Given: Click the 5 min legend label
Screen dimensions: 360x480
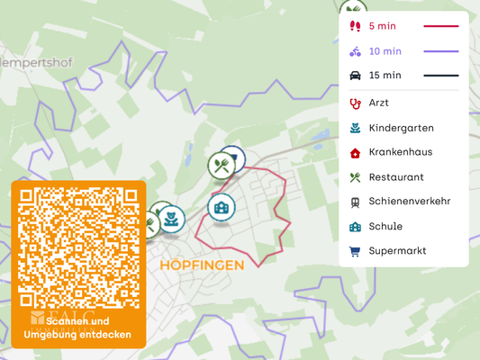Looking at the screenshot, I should coord(382,26).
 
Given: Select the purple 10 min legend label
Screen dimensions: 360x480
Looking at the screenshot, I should coord(385,51).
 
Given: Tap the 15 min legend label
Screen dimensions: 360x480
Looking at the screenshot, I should coord(385,76).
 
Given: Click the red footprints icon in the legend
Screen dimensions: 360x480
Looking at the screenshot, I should coord(355,26).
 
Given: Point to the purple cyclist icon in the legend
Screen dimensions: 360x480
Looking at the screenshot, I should coord(355,51).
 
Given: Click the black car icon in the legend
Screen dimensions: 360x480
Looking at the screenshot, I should coord(355,76).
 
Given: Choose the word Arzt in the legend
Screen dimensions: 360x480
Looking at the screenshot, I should coord(378,103).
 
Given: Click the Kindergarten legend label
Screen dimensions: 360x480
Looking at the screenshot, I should coord(401,128).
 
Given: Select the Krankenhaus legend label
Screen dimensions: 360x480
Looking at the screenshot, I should coord(400,152).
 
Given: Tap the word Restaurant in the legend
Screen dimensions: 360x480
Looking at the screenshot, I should coord(396,177).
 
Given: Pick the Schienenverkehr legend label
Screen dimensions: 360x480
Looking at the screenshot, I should coord(409,202).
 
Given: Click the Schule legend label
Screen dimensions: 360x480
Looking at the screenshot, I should coord(385,226).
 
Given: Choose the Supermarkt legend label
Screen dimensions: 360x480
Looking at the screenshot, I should coord(397,251).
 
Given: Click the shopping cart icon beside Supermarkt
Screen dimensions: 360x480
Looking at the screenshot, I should coord(355,251).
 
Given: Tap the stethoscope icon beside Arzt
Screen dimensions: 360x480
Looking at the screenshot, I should coord(355,103).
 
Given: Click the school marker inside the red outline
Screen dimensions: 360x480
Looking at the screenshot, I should coord(221,207).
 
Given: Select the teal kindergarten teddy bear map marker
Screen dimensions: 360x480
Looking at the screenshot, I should coord(171,218).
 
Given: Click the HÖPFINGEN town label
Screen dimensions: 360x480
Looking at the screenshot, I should coord(202,265).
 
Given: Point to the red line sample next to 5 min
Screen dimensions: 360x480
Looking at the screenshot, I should coord(435,26).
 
